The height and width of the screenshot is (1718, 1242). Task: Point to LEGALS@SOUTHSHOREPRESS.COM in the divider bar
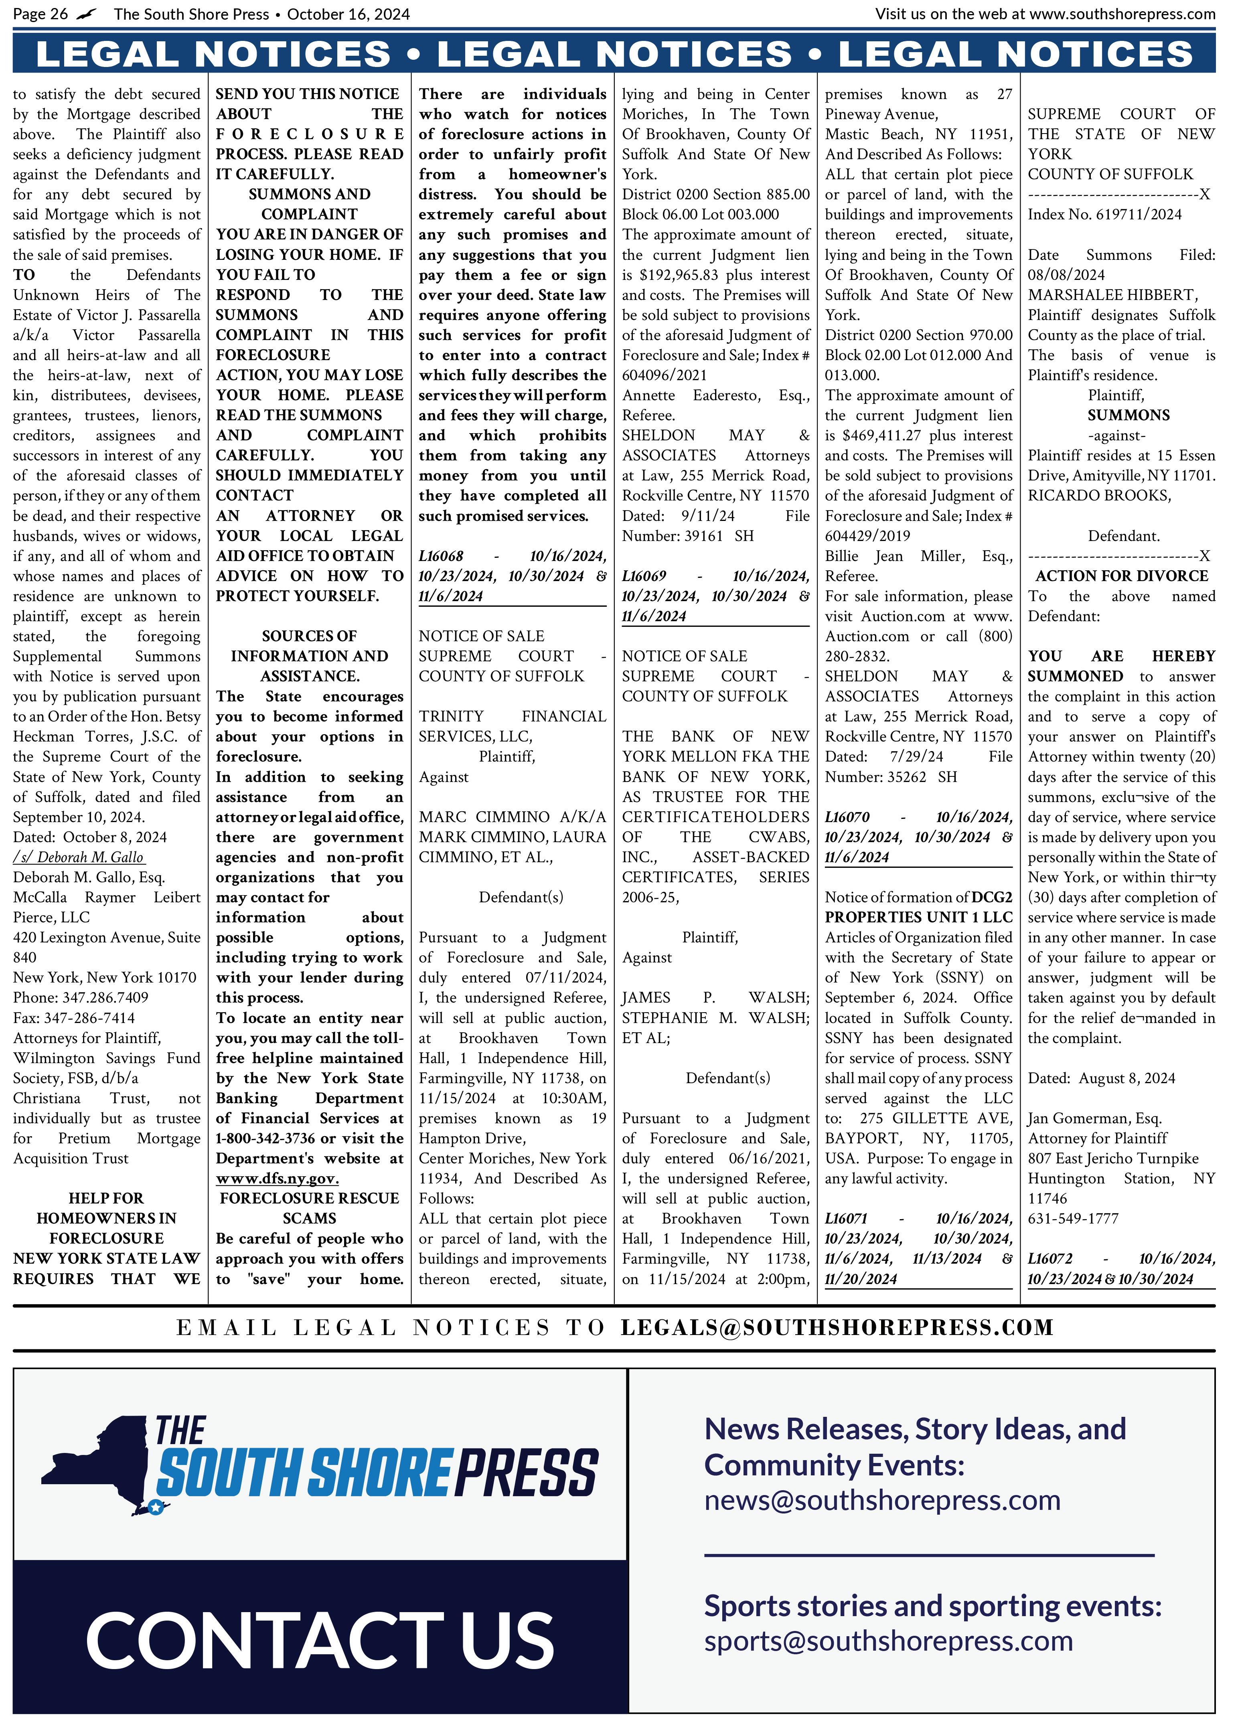click(x=837, y=1328)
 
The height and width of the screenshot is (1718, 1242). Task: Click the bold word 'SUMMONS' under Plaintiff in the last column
click(x=1129, y=415)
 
